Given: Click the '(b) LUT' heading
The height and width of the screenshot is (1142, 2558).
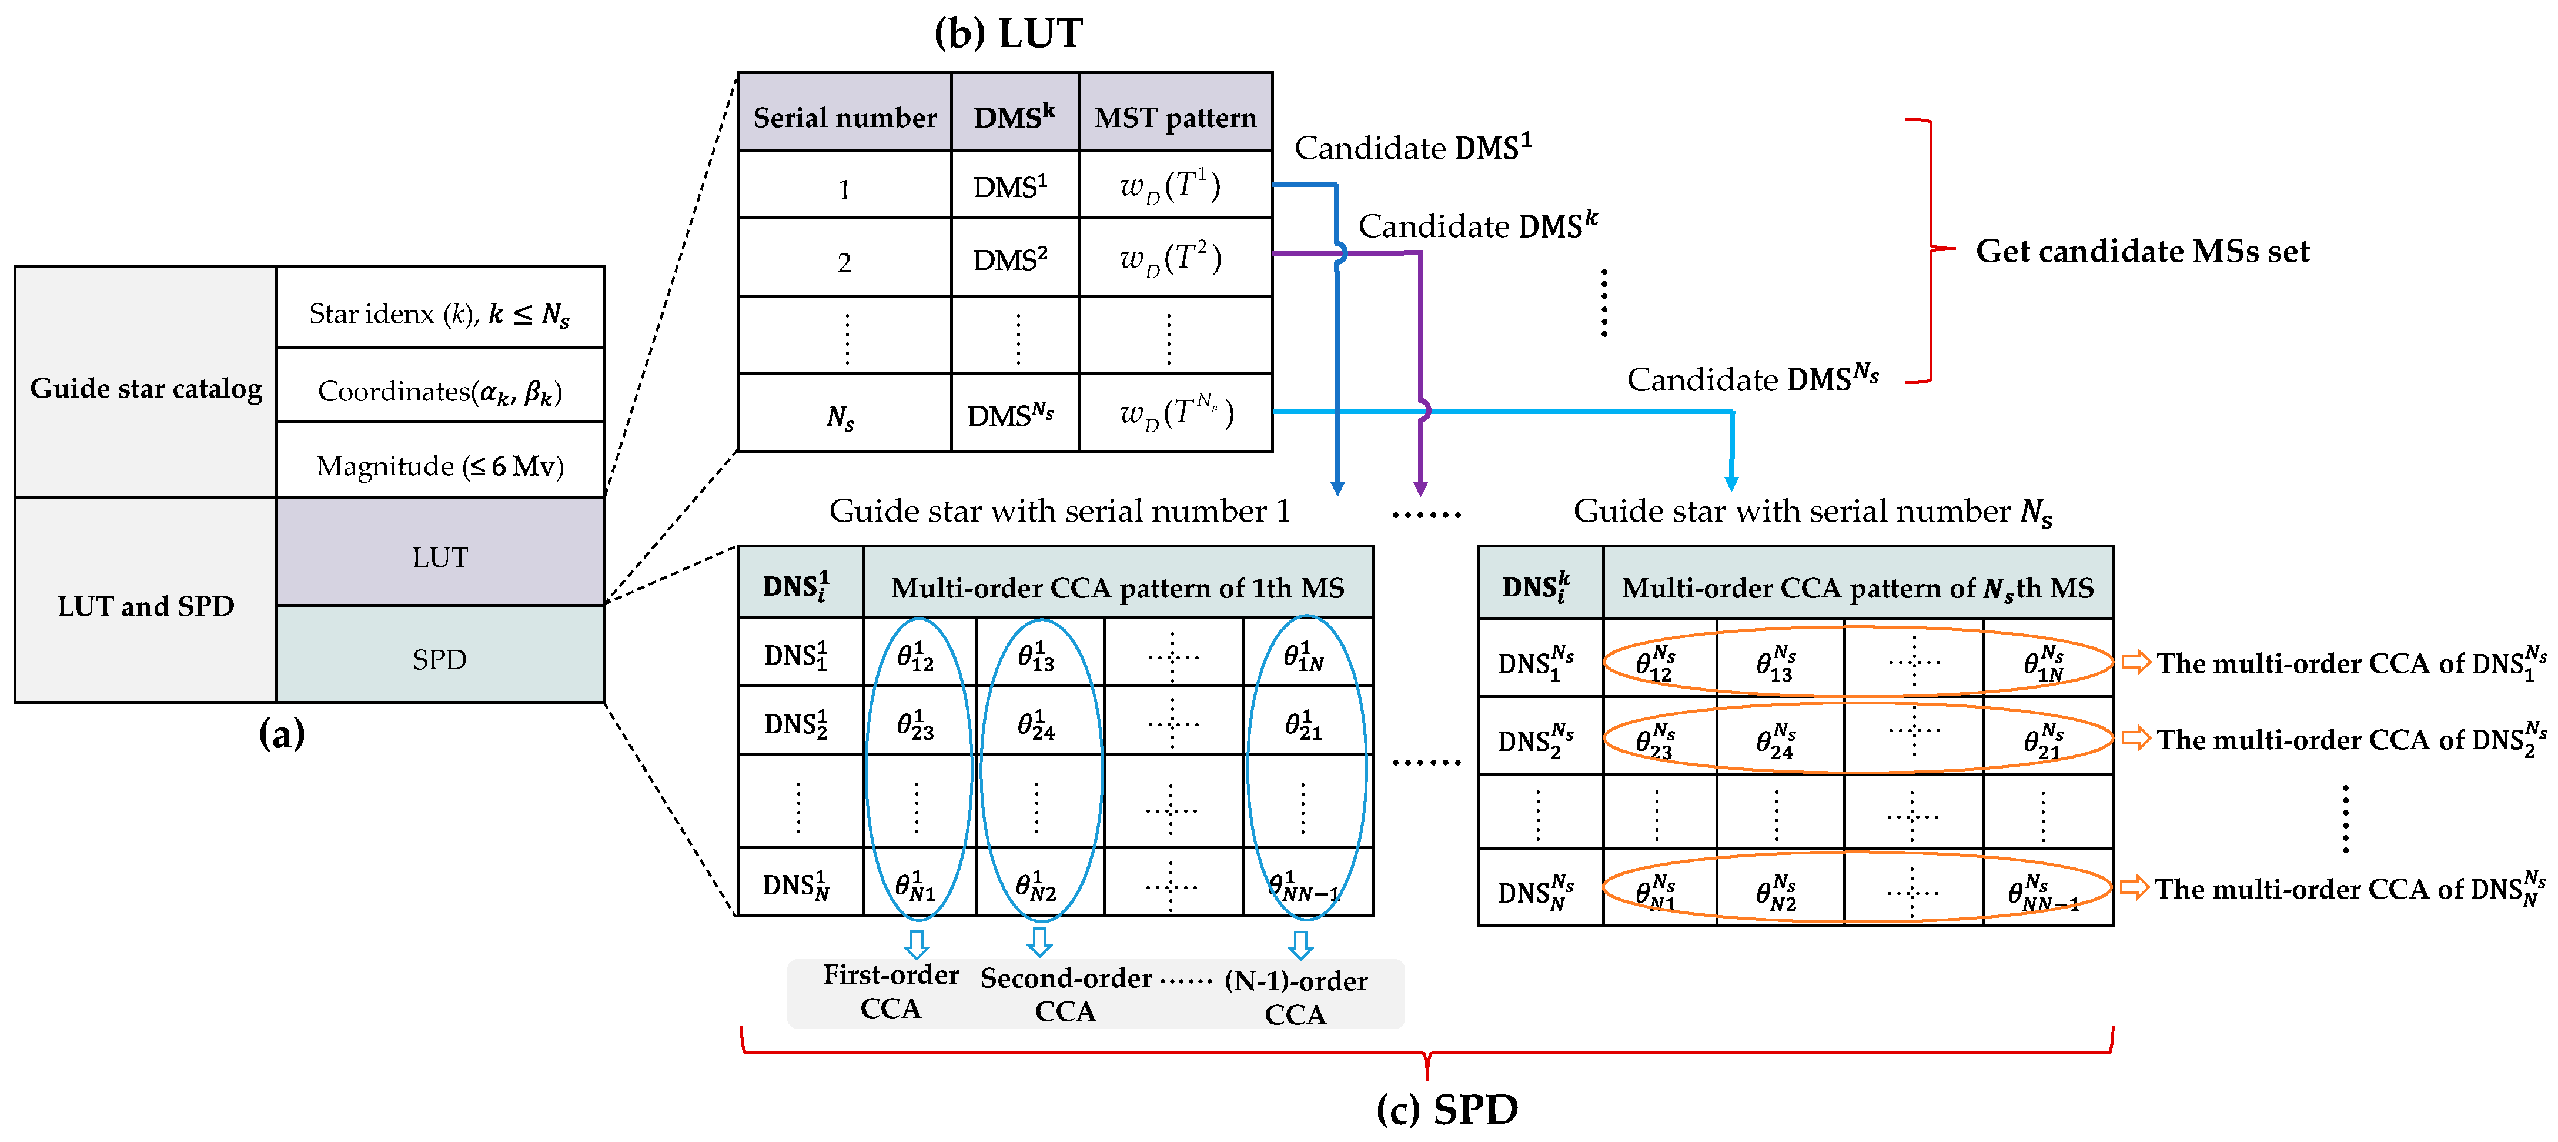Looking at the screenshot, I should tap(1007, 34).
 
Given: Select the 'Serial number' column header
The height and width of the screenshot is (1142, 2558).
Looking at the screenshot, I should tap(844, 117).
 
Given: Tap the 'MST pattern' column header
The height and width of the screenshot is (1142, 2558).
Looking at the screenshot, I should tap(1175, 117).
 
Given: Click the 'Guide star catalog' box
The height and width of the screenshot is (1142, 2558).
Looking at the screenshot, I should tap(146, 388).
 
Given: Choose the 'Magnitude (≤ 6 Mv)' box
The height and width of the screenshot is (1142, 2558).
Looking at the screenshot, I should tap(440, 465).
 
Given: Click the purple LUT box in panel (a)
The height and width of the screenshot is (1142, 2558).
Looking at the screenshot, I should tap(440, 556).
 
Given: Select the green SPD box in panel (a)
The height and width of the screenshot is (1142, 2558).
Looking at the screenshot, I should tap(440, 659).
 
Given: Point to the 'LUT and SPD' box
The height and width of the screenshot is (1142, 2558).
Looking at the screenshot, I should tap(146, 606).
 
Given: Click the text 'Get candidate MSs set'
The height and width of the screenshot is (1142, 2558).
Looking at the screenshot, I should tap(2142, 251).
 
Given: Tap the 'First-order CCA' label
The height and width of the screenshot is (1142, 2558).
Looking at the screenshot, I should tap(891, 991).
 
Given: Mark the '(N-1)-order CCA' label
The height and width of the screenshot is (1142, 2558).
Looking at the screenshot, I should tap(1295, 996).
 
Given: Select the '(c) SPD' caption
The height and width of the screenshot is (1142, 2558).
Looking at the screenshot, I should tap(1447, 1109).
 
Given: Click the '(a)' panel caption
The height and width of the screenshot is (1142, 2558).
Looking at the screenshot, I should tap(281, 734).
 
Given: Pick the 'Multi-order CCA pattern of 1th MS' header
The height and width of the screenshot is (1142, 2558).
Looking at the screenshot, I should tap(1117, 588).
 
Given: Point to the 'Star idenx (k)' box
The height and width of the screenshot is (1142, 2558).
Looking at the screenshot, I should tap(440, 314).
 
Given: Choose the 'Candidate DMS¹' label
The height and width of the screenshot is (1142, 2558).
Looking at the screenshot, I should tap(1412, 148).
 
